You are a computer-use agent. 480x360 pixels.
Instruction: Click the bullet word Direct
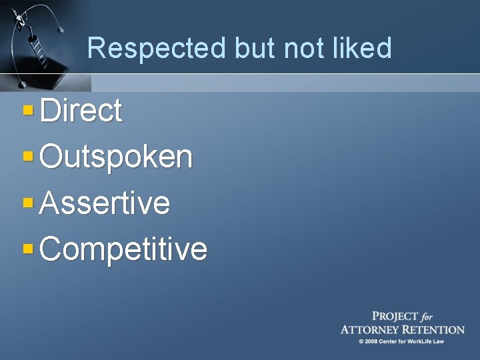click(81, 111)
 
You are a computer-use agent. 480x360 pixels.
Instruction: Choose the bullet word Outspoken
click(117, 157)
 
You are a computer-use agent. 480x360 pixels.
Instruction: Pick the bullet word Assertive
click(105, 203)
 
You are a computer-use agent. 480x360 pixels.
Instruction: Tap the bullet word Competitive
click(124, 249)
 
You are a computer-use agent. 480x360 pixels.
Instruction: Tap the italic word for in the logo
click(429, 317)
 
